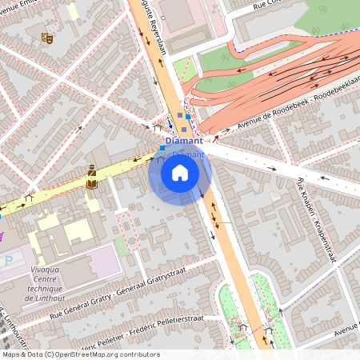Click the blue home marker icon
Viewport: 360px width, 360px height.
point(180,173)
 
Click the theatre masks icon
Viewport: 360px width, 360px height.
point(46,37)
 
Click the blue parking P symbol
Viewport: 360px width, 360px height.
point(8,261)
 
